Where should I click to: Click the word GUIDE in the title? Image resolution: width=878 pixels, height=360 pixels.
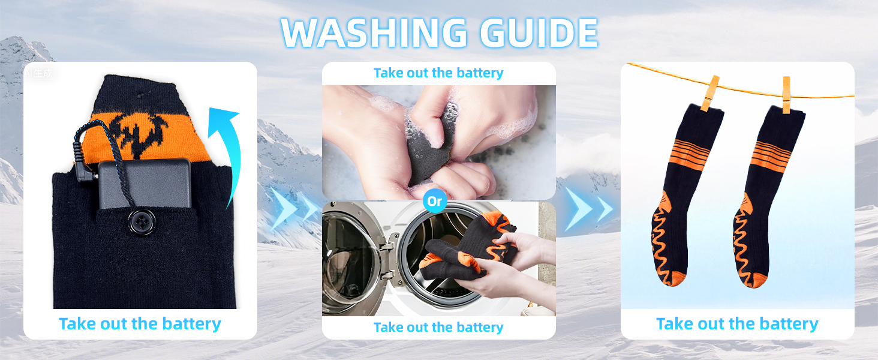539,33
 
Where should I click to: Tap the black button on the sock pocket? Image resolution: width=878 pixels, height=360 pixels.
142,222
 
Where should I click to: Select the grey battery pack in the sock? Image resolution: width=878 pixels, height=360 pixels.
145,184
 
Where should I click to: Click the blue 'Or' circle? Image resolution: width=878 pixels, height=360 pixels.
435,201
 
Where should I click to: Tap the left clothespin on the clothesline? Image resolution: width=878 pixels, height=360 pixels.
710,94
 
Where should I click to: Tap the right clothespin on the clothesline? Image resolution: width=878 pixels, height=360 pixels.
786,95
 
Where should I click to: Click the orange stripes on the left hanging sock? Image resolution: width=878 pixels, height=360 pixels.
690,153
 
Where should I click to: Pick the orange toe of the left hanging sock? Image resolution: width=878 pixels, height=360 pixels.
673,278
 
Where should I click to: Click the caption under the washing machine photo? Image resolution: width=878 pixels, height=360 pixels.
438,327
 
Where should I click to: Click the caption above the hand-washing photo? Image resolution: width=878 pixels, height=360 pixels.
438,73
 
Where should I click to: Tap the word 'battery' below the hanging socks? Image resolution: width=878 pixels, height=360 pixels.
789,325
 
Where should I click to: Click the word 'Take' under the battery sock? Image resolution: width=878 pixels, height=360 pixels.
77,324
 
